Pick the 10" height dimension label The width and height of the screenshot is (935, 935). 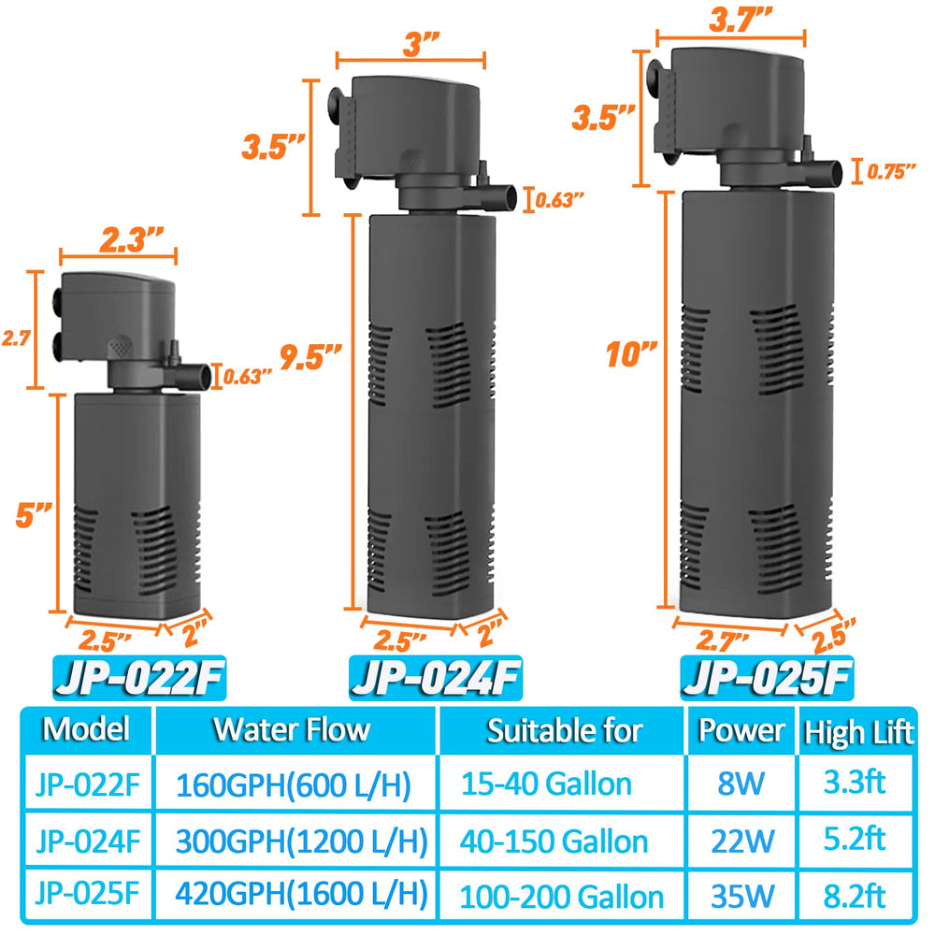628,353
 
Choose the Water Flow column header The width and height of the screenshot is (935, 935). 293,729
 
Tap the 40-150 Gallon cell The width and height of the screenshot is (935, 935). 554,841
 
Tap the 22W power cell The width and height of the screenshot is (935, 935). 737,840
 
